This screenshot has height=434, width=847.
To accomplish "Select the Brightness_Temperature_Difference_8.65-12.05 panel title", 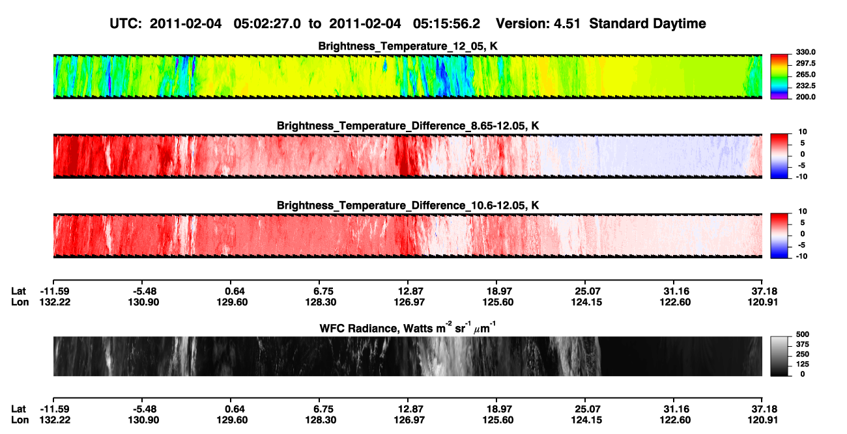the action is coord(408,126).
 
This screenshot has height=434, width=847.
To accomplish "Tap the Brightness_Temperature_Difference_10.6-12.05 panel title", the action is coord(408,206).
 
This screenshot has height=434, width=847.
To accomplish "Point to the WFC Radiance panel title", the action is coord(408,328).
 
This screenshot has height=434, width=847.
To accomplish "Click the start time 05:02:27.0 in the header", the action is coord(267,24).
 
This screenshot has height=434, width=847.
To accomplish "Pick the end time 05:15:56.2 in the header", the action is coord(446,24).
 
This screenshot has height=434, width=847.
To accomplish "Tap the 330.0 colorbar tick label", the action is coord(805,52).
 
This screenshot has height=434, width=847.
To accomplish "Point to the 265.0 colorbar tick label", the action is coord(805,74).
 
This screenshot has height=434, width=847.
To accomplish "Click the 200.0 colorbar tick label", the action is coord(805,97).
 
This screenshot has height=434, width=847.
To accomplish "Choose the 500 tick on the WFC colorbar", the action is coord(803,334).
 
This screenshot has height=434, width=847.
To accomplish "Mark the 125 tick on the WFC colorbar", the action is coord(803,364).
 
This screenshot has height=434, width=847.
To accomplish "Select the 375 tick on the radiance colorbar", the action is coord(803,344).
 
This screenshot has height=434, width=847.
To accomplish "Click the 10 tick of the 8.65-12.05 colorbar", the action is coord(803,132).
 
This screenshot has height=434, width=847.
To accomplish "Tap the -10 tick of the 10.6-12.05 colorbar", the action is coord(801,256).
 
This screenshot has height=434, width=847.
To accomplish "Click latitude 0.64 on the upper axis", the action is coord(235,292).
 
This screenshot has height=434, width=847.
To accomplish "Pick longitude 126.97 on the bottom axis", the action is coord(409,420).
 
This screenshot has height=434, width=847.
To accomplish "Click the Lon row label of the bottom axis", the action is coord(20,420).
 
